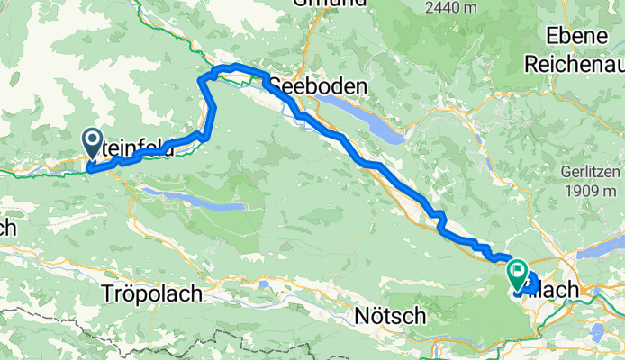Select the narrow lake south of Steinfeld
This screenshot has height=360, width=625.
pos(194,199)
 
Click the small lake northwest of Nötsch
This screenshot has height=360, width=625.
pos(265,284)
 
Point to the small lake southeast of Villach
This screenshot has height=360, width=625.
pos(596,332)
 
